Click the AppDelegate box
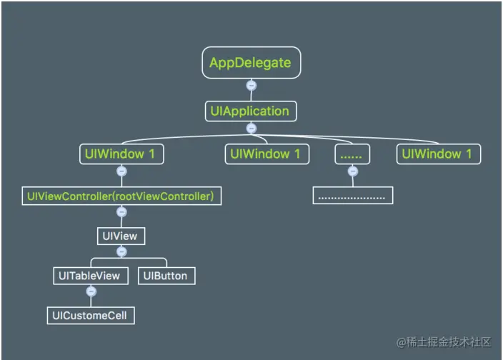250,63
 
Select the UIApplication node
249,111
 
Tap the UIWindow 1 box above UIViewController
121,154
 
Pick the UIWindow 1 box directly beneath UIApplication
268,154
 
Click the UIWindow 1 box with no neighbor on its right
439,154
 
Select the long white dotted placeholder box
353,195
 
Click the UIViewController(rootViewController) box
121,195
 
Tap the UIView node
121,236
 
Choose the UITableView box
91,276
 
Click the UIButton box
166,276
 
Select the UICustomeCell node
91,315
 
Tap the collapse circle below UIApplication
250,129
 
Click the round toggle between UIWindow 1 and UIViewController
121,171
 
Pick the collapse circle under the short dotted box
352,171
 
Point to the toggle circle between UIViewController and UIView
121,213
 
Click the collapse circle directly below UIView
121,251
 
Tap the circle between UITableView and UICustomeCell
91,292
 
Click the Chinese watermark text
443,342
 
